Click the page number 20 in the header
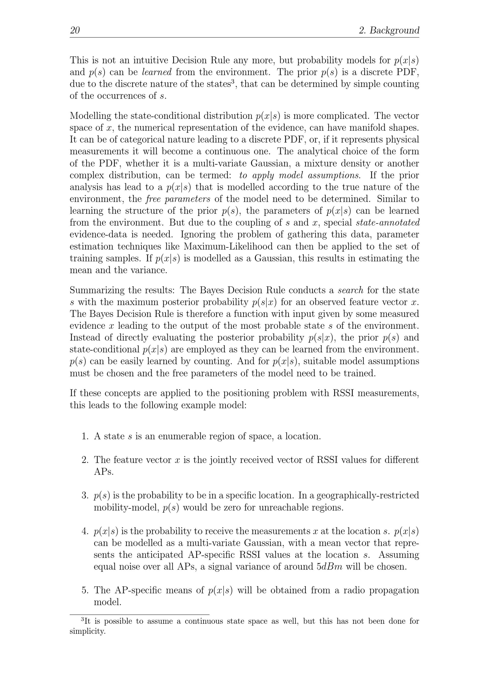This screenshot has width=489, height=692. click(75, 30)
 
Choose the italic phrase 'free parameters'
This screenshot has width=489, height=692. click(178, 199)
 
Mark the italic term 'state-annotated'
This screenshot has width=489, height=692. click(388, 223)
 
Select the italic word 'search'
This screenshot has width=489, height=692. click(350, 290)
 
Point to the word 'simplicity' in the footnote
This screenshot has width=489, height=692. click(87, 631)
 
